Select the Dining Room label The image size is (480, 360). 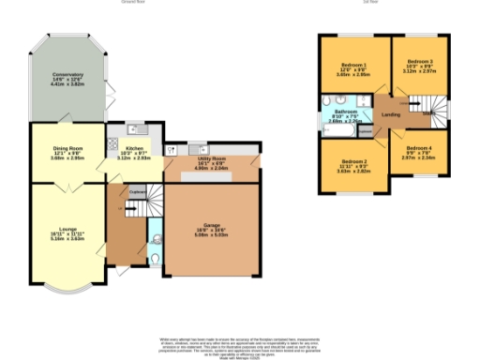(67, 151)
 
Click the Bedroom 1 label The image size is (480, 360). (352, 67)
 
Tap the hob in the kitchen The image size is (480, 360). (113, 145)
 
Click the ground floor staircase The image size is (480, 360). (156, 201)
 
